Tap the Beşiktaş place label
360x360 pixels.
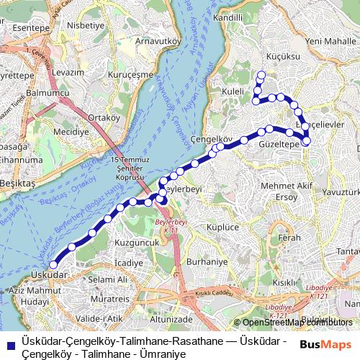(x=16, y=184)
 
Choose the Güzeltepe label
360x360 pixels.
(x=278, y=144)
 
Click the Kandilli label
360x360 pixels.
(x=228, y=17)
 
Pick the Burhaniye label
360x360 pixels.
(x=206, y=263)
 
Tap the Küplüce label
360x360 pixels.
(x=222, y=226)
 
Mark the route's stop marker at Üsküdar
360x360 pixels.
(x=53, y=266)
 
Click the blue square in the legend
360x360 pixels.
(x=9, y=343)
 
